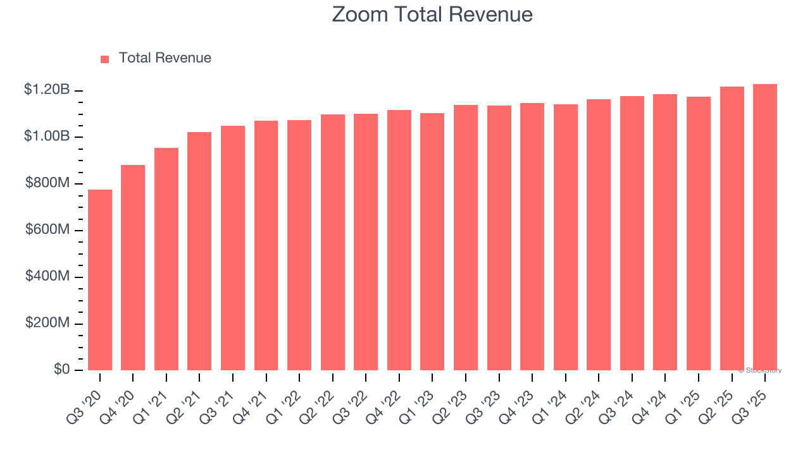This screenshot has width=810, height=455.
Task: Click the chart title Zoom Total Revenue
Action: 432,15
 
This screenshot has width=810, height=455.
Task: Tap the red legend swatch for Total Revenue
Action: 105,59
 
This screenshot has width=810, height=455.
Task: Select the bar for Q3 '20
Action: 100,280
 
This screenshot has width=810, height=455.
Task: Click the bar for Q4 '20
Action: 133,267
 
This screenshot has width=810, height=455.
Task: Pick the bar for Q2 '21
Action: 199,251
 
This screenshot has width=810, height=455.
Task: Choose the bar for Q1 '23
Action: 432,241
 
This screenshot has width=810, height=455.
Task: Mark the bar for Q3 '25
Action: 765,227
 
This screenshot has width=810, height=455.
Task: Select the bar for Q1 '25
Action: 699,233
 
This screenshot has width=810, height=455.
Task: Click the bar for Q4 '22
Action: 399,240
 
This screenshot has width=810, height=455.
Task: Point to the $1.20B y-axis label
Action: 47,90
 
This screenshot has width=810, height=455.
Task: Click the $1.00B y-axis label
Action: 47,136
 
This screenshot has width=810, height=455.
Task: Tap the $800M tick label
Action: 47,183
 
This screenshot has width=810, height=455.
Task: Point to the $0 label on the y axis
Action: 61,369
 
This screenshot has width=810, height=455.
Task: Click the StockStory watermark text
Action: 760,370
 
